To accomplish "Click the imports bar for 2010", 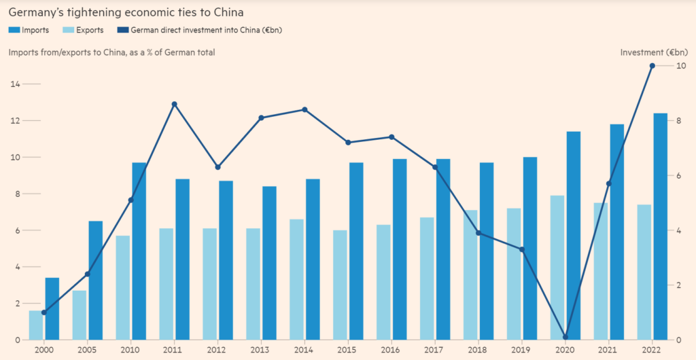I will [139, 251].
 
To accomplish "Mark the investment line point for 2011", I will [175, 104].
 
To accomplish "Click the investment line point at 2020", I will [565, 337].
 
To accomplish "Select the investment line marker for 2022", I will [652, 66].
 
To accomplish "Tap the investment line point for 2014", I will [304, 109].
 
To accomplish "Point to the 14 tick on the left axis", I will [14, 84].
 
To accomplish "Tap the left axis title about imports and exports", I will [111, 52].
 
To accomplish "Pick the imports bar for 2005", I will [95, 280].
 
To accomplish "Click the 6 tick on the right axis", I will [680, 175].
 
